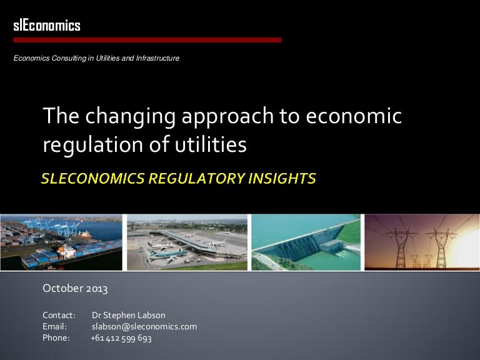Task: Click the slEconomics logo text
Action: pyautogui.click(x=47, y=26)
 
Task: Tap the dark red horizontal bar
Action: pyautogui.click(x=147, y=40)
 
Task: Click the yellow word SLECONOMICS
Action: pyautogui.click(x=89, y=179)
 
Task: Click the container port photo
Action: pyautogui.click(x=61, y=242)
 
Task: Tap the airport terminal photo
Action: pyautogui.click(x=186, y=242)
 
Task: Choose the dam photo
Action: pyautogui.click(x=306, y=242)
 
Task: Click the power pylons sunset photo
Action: pyautogui.click(x=422, y=242)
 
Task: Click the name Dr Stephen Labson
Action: pyautogui.click(x=129, y=314)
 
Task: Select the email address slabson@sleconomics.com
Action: pyautogui.click(x=144, y=326)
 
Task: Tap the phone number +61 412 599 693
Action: pyautogui.click(x=121, y=338)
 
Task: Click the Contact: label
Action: pyautogui.click(x=59, y=314)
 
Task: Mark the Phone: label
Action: pyautogui.click(x=56, y=338)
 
